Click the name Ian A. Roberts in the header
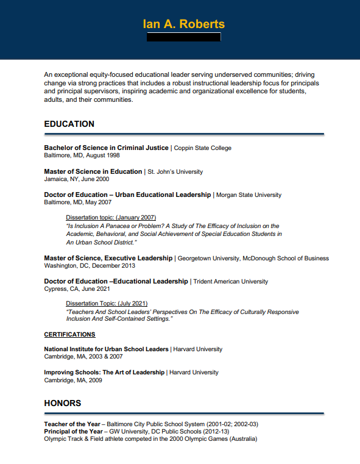pyautogui.click(x=183, y=24)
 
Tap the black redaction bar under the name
pyautogui.click(x=184, y=37)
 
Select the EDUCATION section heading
pyautogui.click(x=69, y=124)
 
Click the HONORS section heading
pyautogui.click(x=62, y=403)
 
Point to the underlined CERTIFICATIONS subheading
pyautogui.click(x=69, y=334)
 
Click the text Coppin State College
pyautogui.click(x=203, y=148)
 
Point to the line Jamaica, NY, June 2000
pyautogui.click(x=77, y=179)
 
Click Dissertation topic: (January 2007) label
pyautogui.click(x=111, y=218)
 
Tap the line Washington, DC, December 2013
pyautogui.click(x=90, y=266)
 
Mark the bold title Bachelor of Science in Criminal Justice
pyautogui.click(x=106, y=148)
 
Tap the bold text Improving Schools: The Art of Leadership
pyautogui.click(x=104, y=372)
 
